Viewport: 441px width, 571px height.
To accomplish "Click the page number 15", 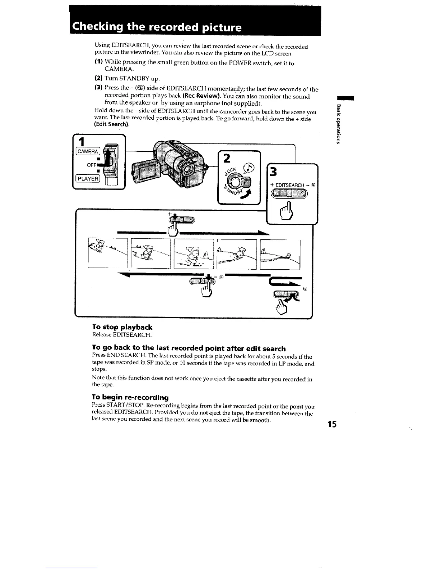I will point(331,424).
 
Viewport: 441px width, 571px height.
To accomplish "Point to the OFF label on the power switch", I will point(92,165).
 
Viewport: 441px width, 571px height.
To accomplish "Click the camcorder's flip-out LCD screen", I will point(146,173).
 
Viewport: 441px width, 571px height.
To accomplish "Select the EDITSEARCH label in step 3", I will point(291,185).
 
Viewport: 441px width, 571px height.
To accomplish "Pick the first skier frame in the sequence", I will point(108,254).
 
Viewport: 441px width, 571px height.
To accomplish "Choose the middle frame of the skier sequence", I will point(193,254).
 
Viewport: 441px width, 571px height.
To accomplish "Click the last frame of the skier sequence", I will point(280,254).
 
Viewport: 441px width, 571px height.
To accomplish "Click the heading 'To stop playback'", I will point(122,327).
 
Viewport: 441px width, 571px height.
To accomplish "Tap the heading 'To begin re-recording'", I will point(130,397).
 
